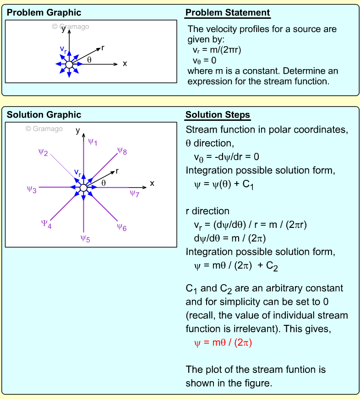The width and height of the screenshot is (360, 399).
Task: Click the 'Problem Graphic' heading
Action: pos(44,12)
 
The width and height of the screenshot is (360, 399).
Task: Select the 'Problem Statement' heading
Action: pos(228,13)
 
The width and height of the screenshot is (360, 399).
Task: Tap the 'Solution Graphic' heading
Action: pos(44,115)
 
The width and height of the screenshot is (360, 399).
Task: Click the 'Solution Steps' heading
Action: pos(218,115)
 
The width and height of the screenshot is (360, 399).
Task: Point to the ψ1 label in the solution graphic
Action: pos(93,142)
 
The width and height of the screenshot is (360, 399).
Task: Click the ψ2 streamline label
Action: pos(44,152)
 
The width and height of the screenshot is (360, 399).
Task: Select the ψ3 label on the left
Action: pos(32,189)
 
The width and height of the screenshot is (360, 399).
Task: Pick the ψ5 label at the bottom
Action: pos(85,238)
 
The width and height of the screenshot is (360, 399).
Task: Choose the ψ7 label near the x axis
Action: pos(134,194)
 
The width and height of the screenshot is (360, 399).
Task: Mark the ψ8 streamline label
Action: pos(122,151)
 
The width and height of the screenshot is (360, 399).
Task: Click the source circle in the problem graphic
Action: pos(69,65)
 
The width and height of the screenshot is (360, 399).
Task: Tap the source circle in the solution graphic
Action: pos(83,188)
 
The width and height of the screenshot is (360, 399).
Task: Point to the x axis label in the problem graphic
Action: pos(125,64)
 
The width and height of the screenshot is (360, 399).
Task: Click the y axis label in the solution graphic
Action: pos(78,130)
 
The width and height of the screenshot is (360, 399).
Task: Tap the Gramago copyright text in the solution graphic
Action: pos(44,129)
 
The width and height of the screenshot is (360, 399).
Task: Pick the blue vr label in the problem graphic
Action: pos(64,48)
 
